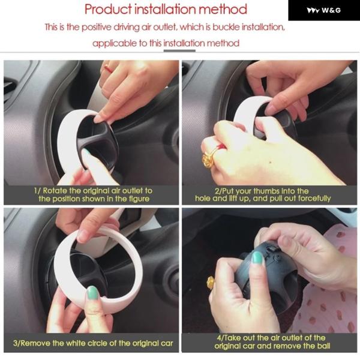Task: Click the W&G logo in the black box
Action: pyautogui.click(x=324, y=10)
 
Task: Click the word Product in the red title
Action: pyautogui.click(x=109, y=10)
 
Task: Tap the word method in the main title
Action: pyautogui.click(x=223, y=10)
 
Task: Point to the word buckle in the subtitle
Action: pyautogui.click(x=226, y=27)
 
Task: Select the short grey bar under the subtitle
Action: pyautogui.click(x=179, y=51)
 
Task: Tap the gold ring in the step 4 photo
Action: pyautogui.click(x=210, y=283)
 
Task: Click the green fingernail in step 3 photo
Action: pyautogui.click(x=93, y=293)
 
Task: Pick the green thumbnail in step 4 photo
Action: pyautogui.click(x=257, y=257)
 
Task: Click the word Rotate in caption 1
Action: pyautogui.click(x=55, y=191)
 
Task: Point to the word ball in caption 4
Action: pyautogui.click(x=324, y=346)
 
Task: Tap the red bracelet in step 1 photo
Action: pyautogui.click(x=109, y=68)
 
